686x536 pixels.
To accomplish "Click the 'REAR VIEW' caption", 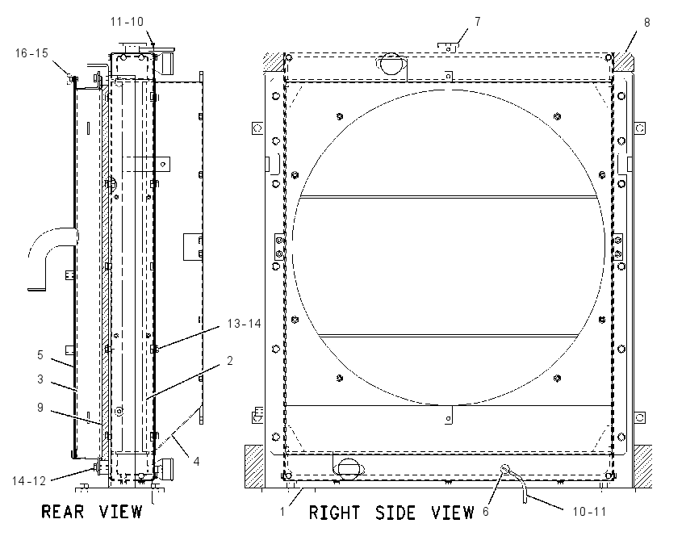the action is pos(91,512).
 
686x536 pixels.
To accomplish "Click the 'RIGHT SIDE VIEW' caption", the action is pos(391,513).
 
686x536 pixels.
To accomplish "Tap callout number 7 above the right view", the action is pos(477,22).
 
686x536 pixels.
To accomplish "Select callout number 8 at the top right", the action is pos(647,23).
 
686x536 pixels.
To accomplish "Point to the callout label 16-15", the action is pos(31,53).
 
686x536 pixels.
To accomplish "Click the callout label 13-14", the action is pos(244,324).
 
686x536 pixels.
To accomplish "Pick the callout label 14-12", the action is pos(29,481).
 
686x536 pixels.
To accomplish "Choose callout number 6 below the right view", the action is pos(486,512).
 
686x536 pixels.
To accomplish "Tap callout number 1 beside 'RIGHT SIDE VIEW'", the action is pos(282,512).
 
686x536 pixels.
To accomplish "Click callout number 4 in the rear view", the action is pos(196,461).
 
